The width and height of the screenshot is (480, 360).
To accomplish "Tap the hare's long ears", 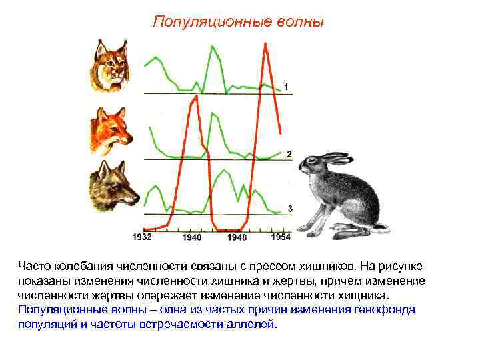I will pyautogui.click(x=331, y=157).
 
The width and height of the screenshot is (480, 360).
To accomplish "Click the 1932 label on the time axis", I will pyautogui.click(x=142, y=237).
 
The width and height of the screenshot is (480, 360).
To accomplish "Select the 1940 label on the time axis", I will pyautogui.click(x=191, y=237).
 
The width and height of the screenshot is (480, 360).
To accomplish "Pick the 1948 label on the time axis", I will pyautogui.click(x=237, y=237).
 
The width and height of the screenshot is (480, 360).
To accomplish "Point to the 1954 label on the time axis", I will pyautogui.click(x=281, y=237).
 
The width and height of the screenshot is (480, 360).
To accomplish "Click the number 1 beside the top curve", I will pyautogui.click(x=286, y=87).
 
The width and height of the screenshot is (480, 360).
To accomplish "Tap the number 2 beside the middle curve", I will pyautogui.click(x=289, y=154).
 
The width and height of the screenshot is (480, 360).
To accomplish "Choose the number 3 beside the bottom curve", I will pyautogui.click(x=290, y=209).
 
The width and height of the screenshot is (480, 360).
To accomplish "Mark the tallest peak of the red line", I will pyautogui.click(x=266, y=45).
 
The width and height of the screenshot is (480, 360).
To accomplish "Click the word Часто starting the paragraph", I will pyautogui.click(x=33, y=267).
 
